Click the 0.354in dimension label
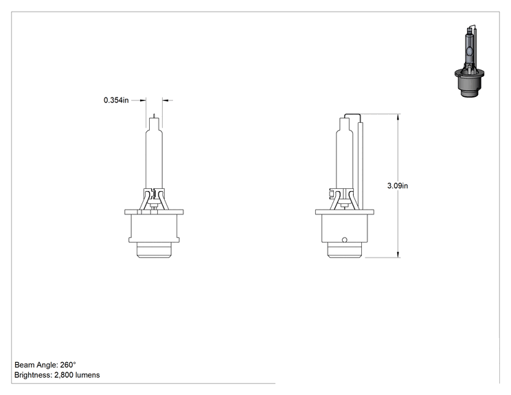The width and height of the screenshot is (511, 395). coord(116,100)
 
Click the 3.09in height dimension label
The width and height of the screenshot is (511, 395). coord(397,185)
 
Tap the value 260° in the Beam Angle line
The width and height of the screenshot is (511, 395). coord(68,365)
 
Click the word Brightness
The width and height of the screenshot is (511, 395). coord(33,375)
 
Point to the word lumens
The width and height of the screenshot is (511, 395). coord(87,375)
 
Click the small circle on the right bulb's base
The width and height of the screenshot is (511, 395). coord(345,240)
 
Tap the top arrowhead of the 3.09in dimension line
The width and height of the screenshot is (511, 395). coord(398,117)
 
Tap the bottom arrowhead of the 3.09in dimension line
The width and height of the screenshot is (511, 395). coord(398,254)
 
